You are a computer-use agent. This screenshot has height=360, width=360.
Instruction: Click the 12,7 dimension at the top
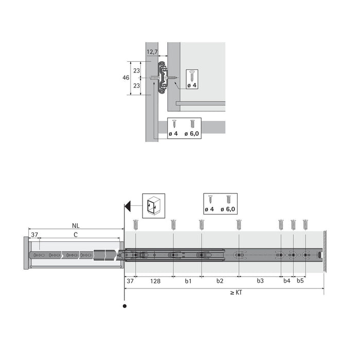point(152,52)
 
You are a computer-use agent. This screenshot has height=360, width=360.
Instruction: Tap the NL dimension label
point(76,225)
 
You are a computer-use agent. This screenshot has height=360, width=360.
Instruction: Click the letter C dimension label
point(76,235)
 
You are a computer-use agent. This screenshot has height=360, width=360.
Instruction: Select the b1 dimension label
point(188,281)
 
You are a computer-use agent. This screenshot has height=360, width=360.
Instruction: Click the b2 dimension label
point(220,281)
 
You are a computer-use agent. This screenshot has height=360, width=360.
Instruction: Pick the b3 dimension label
point(260,281)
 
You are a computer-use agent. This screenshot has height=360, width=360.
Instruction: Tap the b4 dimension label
point(287,281)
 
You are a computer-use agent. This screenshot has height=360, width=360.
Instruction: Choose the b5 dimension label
point(300,281)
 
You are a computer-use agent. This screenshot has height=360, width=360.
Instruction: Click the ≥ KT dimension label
point(236,293)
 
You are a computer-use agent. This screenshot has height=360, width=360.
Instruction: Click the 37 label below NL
point(34,235)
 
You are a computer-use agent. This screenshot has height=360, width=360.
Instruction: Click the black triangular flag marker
point(129,206)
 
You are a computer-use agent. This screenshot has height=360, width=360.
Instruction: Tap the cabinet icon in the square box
point(153,206)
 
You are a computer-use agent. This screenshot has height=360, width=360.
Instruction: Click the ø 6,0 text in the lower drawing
point(228,209)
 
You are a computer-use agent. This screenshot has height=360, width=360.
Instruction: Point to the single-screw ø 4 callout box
point(192,80)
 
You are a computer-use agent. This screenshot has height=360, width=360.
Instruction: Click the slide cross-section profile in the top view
point(163,78)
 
